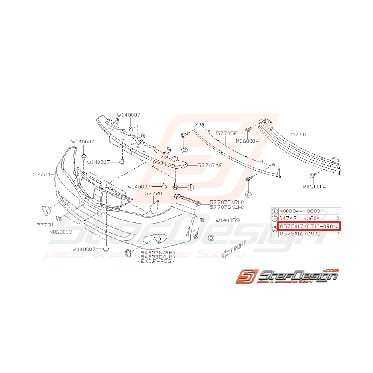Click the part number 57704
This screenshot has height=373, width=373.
pos(42,175)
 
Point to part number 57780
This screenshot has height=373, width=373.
pos(153,193)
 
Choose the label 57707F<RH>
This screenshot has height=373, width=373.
pos(227,202)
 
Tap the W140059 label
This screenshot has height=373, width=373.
pos(227,220)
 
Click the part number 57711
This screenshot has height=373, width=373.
pos(299,135)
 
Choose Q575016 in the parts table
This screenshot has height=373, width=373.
pos(291,234)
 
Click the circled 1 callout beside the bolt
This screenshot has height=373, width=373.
pos(190,187)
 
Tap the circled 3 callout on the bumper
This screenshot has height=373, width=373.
pos(211,238)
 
